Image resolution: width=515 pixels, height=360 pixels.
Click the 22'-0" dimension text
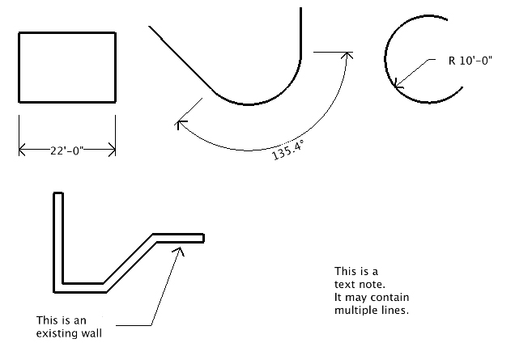click(x=67, y=150)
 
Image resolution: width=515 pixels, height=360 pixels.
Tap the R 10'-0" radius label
click(x=471, y=60)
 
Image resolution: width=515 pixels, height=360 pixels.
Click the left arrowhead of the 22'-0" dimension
click(x=22, y=150)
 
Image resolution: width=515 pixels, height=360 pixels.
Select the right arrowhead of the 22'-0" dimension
click(x=112, y=150)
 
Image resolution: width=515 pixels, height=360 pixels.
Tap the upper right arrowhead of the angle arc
click(x=348, y=57)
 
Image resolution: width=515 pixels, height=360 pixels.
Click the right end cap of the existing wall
click(x=203, y=238)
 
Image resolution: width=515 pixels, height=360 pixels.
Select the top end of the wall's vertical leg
click(x=58, y=194)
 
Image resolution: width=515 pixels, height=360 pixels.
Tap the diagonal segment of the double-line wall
click(x=128, y=262)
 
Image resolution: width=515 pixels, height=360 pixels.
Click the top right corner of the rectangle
click(x=115, y=32)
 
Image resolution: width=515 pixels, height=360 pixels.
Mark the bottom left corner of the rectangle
click(x=19, y=102)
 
